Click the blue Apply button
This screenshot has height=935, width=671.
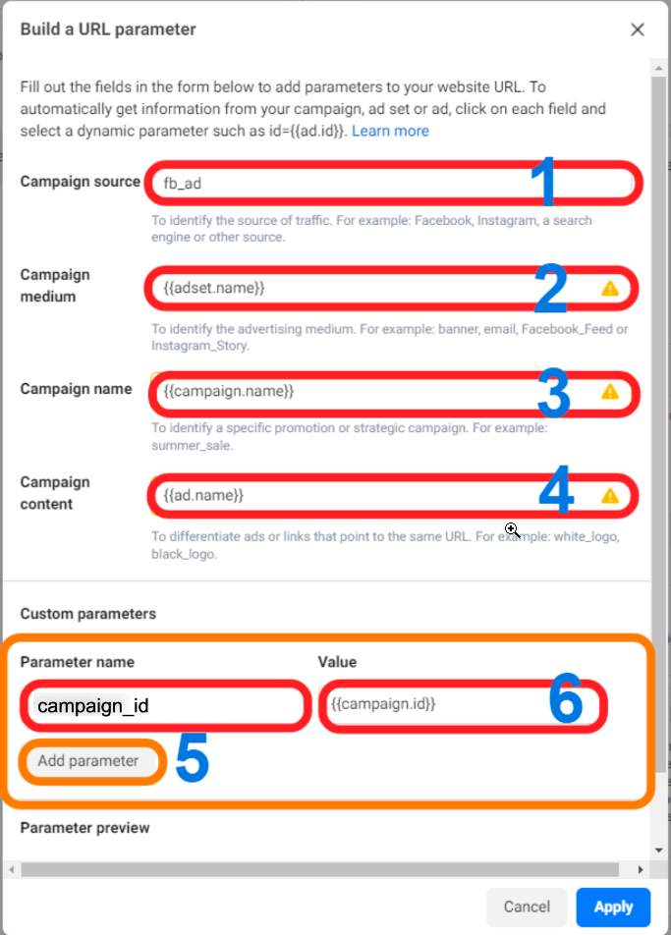coord(613,907)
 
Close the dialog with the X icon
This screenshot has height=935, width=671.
coord(638,29)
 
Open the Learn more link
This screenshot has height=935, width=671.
coord(390,131)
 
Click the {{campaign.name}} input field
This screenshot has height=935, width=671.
coord(394,392)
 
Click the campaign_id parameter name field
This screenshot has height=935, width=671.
coord(166,706)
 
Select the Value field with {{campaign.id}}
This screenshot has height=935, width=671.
coord(463,705)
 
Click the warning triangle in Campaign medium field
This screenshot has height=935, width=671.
coord(609,289)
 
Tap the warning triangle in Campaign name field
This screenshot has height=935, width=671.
coord(609,392)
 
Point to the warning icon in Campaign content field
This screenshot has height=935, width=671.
coord(609,496)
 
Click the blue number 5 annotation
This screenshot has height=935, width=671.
coord(192,757)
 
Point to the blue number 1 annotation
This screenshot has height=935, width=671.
coord(543,182)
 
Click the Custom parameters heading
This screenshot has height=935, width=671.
coord(88,614)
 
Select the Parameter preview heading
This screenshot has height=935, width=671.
coord(84,828)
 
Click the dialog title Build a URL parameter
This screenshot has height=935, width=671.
coord(108,29)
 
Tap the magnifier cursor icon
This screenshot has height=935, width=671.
coord(512,529)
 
